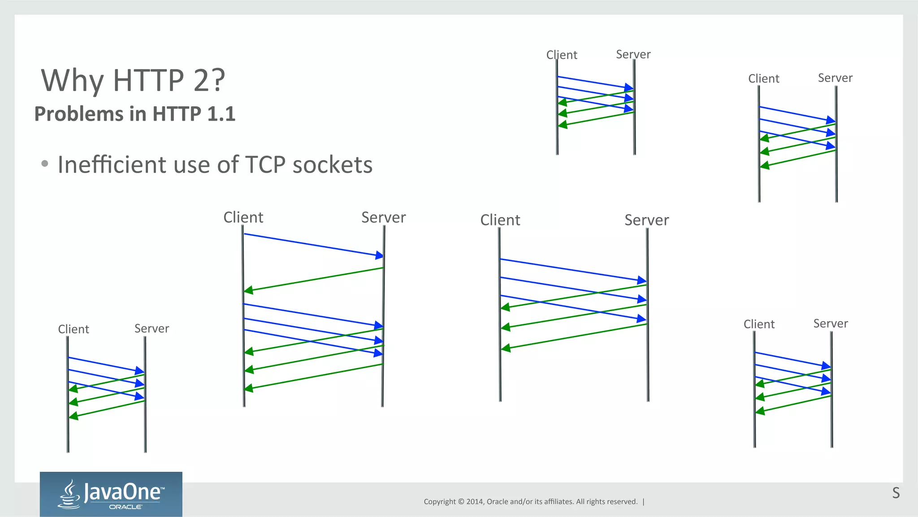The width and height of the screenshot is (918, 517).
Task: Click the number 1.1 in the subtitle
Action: [221, 114]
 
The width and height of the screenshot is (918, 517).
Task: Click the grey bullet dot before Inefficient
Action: [44, 164]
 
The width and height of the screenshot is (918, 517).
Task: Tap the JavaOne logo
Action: [111, 494]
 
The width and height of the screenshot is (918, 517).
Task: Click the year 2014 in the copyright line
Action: [474, 501]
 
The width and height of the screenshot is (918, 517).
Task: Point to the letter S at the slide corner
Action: [896, 493]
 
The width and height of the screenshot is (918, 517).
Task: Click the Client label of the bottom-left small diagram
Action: [74, 329]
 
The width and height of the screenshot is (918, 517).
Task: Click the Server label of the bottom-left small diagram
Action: [152, 329]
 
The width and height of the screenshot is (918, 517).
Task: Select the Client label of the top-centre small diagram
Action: [562, 55]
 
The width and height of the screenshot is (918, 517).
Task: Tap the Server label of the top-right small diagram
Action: [835, 78]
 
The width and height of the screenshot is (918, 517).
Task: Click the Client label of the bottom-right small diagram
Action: [759, 324]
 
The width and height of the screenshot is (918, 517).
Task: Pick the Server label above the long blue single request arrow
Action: [383, 217]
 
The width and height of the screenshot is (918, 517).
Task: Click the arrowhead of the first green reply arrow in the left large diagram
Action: [248, 291]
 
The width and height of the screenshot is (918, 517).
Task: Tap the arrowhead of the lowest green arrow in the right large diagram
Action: [506, 348]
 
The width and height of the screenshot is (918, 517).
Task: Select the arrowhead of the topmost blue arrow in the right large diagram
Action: [642, 280]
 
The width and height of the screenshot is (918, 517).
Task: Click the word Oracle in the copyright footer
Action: [497, 501]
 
